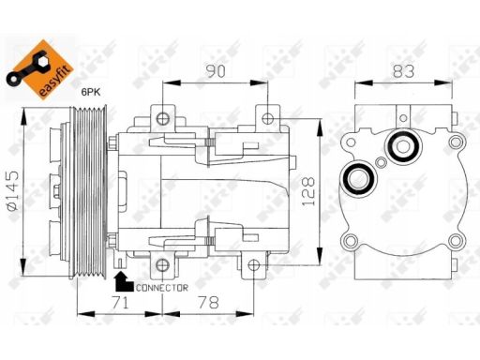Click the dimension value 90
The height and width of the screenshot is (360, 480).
coord(216,71)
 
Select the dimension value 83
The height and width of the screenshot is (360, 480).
coord(403,71)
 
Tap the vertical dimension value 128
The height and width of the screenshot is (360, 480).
coord(308,191)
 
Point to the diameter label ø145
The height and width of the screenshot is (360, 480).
coord(14,190)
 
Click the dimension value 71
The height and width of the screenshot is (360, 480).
coord(121,303)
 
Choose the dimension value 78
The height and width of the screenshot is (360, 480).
coord(209,303)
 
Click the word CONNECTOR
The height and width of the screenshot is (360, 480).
coord(162,288)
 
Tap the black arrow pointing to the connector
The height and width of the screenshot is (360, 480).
coord(123,282)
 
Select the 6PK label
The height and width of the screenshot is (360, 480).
coord(91,92)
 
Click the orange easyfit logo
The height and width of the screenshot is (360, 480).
coord(40,70)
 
